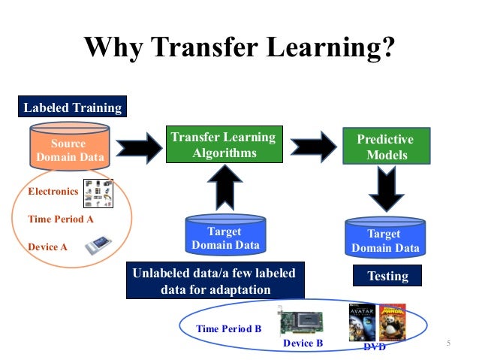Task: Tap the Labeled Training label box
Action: pyautogui.click(x=72, y=107)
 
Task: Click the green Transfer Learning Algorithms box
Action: pyautogui.click(x=223, y=145)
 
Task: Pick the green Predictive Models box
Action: pyautogui.click(x=386, y=147)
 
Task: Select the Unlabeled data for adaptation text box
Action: pyautogui.click(x=215, y=281)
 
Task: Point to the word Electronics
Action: pyautogui.click(x=53, y=192)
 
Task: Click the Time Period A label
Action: pyautogui.click(x=61, y=219)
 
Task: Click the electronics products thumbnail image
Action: pyautogui.click(x=98, y=192)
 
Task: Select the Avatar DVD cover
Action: pyautogui.click(x=360, y=322)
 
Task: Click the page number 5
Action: pyautogui.click(x=447, y=343)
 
